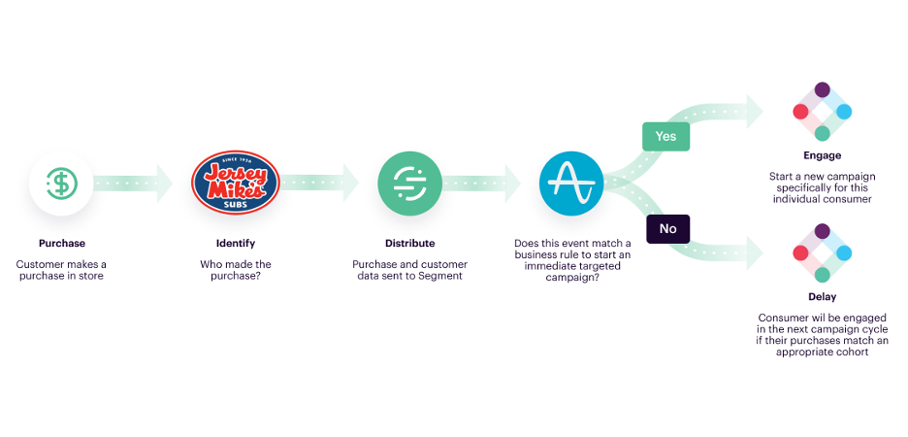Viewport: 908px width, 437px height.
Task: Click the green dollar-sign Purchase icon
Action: click(61, 183)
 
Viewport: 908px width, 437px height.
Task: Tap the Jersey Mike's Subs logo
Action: click(236, 183)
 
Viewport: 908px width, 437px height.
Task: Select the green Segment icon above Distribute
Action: click(409, 183)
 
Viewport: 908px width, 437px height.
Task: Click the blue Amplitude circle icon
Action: click(571, 183)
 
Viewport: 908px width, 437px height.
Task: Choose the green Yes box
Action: click(665, 136)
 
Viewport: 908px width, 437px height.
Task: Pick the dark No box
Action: click(667, 228)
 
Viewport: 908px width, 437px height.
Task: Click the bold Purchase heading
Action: click(61, 243)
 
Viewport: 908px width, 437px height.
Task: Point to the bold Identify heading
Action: click(236, 243)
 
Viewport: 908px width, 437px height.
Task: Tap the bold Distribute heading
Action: click(409, 243)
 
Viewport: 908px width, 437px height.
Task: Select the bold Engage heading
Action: click(822, 155)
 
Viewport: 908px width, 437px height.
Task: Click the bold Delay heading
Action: click(822, 297)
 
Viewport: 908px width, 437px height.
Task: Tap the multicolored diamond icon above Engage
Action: click(822, 112)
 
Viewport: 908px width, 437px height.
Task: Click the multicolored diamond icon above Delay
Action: click(822, 252)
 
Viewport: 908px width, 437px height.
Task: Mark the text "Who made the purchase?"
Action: click(236, 270)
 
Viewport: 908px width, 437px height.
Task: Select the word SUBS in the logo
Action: click(236, 204)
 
